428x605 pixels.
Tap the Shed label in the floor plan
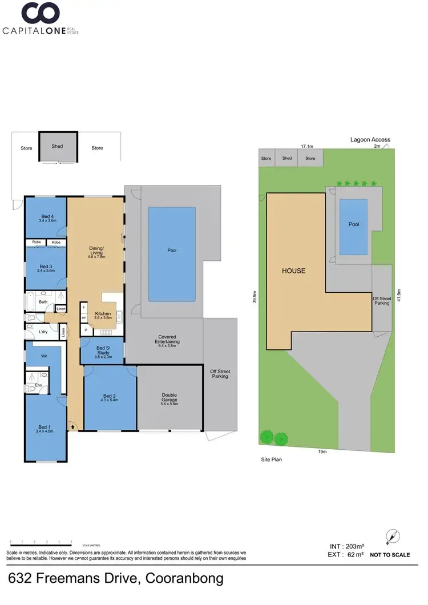[x=57, y=146]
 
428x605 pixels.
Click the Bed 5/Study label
[x=103, y=350]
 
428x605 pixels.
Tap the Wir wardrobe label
[x=44, y=356]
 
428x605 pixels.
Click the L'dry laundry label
[x=42, y=332]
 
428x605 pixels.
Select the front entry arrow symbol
[x=73, y=425]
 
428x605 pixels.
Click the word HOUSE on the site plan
[x=293, y=271]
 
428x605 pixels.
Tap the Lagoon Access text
[x=370, y=139]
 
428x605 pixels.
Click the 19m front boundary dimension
[x=322, y=451]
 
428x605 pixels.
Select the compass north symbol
[x=393, y=537]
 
